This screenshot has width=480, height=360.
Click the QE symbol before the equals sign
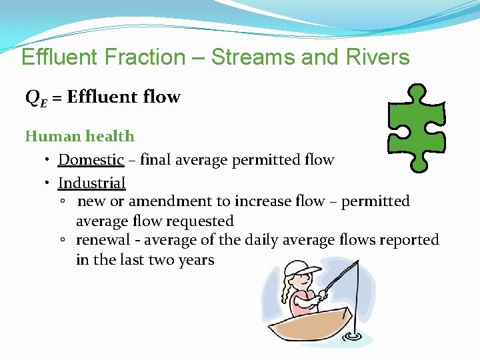35,98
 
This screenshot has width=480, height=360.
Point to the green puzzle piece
416,127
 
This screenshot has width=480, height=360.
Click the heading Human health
79,137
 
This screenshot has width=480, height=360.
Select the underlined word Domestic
91,160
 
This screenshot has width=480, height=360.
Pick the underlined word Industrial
91,183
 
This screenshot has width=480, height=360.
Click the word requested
201,221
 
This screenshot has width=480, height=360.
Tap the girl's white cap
299,269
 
